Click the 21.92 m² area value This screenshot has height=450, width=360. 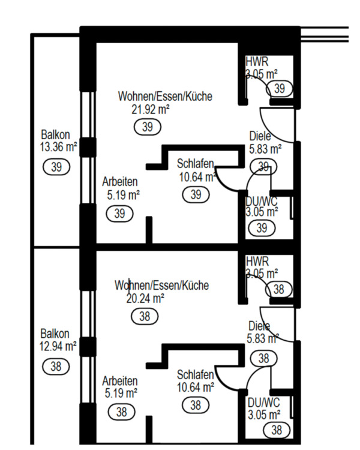pyautogui.click(x=151, y=109)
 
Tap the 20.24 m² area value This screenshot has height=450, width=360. pyautogui.click(x=145, y=298)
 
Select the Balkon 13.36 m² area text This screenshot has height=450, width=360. pyautogui.click(x=59, y=140)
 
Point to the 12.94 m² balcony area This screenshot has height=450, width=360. pyautogui.click(x=58, y=346)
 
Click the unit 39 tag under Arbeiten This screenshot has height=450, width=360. pyautogui.click(x=120, y=214)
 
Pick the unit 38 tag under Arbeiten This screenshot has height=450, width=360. pyautogui.click(x=121, y=412)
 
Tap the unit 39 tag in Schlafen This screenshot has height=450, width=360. pyautogui.click(x=196, y=194)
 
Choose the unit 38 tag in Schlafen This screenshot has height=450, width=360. pyautogui.click(x=196, y=405)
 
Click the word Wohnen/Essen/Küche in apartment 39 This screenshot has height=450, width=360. pyautogui.click(x=165, y=96)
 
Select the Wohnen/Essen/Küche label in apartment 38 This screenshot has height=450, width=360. pyautogui.click(x=161, y=285)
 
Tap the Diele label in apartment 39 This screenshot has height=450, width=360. pyautogui.click(x=260, y=136)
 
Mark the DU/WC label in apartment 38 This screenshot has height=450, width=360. pyautogui.click(x=263, y=403)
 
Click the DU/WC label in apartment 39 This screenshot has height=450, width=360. pyautogui.click(x=261, y=201)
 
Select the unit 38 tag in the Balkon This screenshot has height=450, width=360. pyautogui.click(x=56, y=367)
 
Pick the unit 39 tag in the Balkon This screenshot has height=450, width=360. pyautogui.click(x=56, y=167)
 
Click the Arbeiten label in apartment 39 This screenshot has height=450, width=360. pyautogui.click(x=120, y=181)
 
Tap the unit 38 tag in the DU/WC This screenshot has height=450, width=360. pyautogui.click(x=277, y=430)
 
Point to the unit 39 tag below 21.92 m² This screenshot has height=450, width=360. pyautogui.click(x=148, y=127)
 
